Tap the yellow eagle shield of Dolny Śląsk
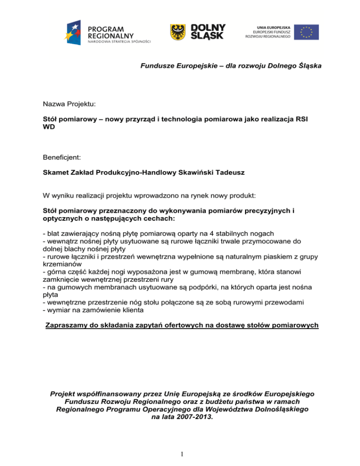pyautogui.click(x=177, y=31)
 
